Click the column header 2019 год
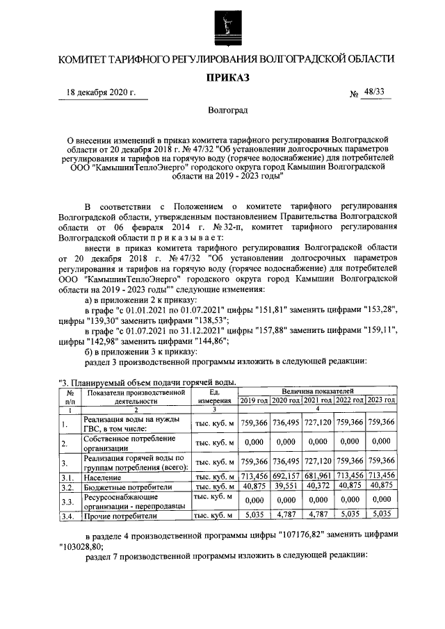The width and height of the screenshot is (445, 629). click(253, 400)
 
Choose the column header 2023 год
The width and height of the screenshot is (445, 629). click(380, 400)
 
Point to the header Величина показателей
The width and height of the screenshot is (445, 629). click(317, 392)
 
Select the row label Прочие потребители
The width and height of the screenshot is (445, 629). click(120, 516)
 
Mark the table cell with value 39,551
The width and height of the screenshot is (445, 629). click(285, 487)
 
